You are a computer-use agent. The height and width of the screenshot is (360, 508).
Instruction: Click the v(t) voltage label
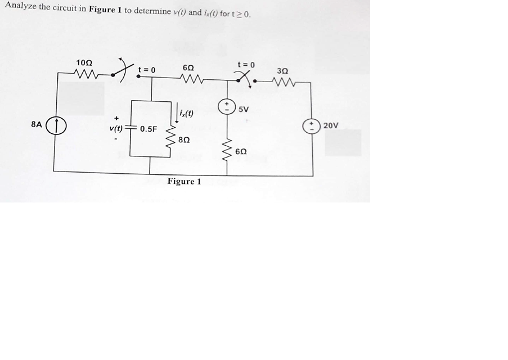(117, 129)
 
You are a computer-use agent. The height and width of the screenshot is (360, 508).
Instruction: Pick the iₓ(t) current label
(186, 113)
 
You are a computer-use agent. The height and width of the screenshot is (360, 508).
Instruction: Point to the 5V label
(244, 110)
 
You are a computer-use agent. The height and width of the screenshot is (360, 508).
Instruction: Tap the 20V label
(331, 125)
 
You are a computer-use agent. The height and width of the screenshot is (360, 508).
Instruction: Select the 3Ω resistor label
(284, 71)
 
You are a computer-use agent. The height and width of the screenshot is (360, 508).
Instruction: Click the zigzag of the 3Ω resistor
(284, 81)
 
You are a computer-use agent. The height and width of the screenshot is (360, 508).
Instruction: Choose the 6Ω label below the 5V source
(241, 152)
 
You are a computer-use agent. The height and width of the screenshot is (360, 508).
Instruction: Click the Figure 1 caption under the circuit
(184, 181)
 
